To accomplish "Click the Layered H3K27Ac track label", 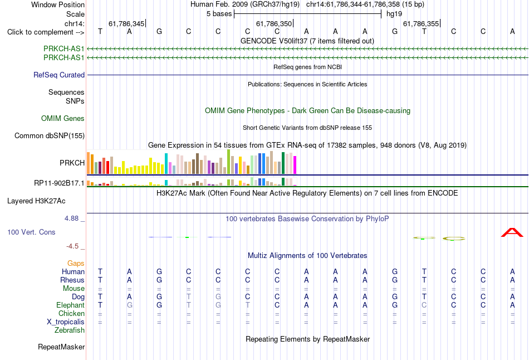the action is point(36,201).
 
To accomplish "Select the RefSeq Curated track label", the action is point(59,75).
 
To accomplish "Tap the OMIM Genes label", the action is point(63,118).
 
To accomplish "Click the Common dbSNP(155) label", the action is point(50,136).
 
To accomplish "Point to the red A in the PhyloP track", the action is point(512,232).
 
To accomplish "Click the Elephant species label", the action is point(71,305).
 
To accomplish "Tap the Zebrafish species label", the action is point(70,330).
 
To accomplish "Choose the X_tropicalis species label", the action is point(66,322).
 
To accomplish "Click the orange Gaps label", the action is point(76,264).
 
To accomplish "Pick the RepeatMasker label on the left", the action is point(61,347).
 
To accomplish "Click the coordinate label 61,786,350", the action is point(274,23).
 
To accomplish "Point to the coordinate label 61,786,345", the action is point(126,23).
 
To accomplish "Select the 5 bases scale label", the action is point(219,14).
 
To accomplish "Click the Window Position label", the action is point(58,4).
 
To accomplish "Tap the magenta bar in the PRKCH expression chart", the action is point(295,165).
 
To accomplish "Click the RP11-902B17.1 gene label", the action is point(60,183).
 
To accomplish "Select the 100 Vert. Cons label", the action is point(31,232).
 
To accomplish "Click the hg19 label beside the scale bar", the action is point(394,14).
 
